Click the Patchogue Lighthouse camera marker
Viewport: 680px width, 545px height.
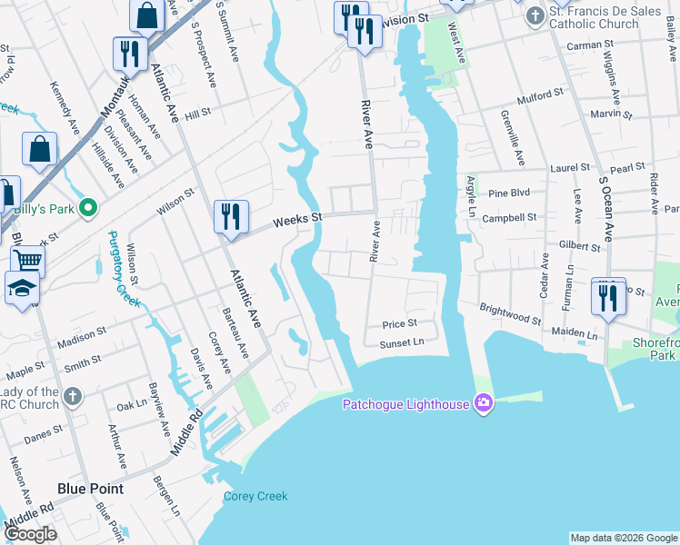(x=483, y=402)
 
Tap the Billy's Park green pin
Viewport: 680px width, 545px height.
(x=88, y=208)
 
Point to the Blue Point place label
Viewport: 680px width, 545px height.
(x=91, y=489)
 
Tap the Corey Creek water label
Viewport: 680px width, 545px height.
(x=255, y=496)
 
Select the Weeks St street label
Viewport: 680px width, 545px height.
(x=298, y=219)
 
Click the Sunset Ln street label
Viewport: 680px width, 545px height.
(x=402, y=342)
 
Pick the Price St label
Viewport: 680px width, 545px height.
(x=399, y=323)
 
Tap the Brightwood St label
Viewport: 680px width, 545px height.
(x=510, y=314)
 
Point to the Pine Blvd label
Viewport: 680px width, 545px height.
(x=509, y=193)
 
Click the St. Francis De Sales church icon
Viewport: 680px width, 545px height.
(x=535, y=15)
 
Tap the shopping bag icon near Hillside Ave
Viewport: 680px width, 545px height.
(x=40, y=149)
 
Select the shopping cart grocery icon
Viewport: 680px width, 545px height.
(x=28, y=261)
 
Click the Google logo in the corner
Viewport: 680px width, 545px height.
(x=30, y=534)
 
